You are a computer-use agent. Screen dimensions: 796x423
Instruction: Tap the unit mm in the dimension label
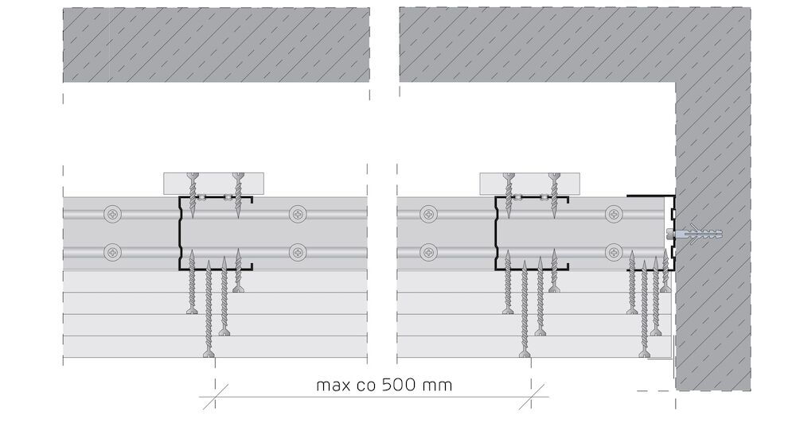[436, 386]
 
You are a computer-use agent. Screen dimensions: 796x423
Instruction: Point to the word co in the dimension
[368, 386]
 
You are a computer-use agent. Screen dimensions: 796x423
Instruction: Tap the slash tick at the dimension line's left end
[216, 397]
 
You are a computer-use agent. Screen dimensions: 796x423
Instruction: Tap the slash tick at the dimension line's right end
[532, 397]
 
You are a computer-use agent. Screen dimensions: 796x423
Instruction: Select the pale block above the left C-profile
[213, 184]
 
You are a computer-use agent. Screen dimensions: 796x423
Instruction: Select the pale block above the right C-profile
[529, 184]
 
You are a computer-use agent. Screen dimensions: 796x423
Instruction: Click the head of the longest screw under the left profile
[209, 354]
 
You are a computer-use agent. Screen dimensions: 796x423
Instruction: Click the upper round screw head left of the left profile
[113, 215]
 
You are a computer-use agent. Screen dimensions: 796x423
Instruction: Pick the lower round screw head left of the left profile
[113, 251]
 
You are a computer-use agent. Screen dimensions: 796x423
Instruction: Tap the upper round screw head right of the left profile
[298, 215]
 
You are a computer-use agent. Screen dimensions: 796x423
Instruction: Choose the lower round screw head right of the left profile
[298, 251]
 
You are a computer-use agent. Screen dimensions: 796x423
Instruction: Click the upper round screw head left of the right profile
[429, 215]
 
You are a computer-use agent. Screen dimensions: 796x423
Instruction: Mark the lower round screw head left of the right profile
[429, 251]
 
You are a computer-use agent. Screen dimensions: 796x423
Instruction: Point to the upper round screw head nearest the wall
[615, 215]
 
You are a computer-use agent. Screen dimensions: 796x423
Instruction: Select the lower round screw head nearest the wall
[615, 251]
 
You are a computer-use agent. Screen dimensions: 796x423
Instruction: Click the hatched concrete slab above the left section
[216, 45]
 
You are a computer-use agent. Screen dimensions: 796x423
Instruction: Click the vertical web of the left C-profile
[179, 233]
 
